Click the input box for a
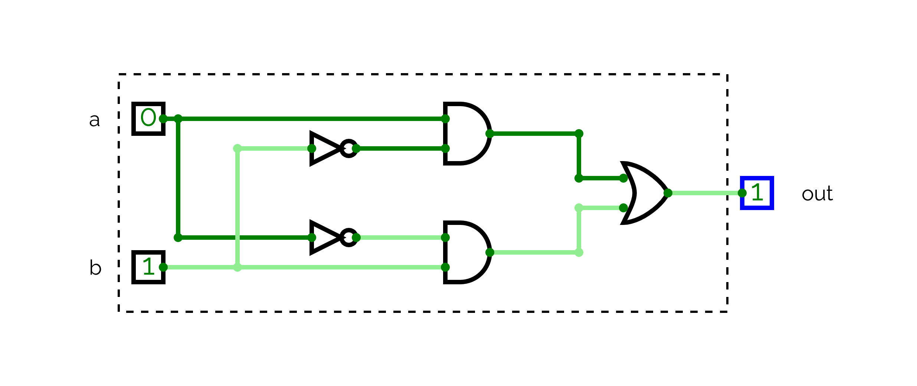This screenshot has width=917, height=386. click(x=148, y=118)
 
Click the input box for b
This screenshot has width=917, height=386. click(x=148, y=267)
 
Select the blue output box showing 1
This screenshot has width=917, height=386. click(x=757, y=193)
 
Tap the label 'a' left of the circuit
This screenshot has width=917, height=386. click(x=94, y=120)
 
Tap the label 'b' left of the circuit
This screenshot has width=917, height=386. click(x=95, y=267)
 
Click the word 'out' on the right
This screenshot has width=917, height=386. click(x=817, y=193)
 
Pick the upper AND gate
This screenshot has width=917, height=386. click(x=466, y=133)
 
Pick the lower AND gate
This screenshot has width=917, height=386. click(x=466, y=252)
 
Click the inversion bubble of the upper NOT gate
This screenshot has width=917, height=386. click(x=348, y=148)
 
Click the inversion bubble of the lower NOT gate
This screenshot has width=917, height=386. click(x=348, y=237)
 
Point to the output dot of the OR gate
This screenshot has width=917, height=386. click(x=668, y=193)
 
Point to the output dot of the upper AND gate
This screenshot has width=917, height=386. click(x=489, y=133)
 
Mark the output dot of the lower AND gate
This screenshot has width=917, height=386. click(x=489, y=252)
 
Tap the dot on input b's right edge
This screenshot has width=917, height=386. click(x=163, y=267)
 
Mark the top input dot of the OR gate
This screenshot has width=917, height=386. click(x=623, y=178)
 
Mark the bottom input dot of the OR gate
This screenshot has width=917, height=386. click(x=623, y=207)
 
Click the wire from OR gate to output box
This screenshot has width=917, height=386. click(x=705, y=193)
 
